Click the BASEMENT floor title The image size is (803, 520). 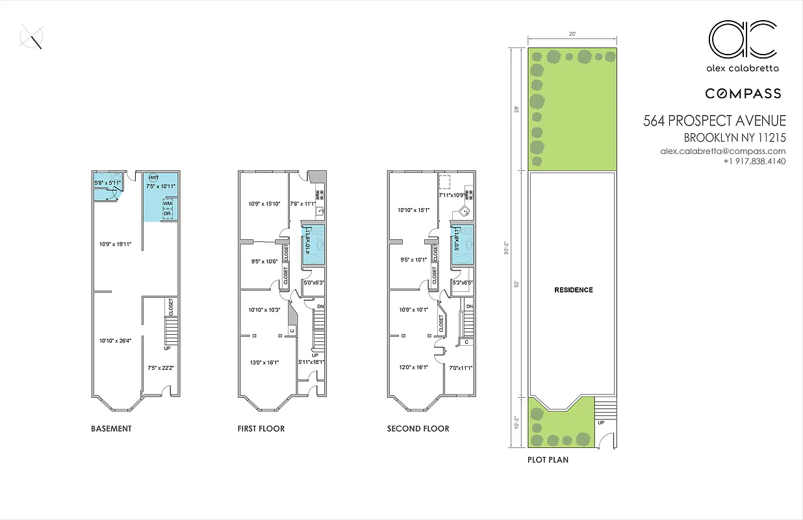(x=111, y=429)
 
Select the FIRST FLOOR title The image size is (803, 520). (x=261, y=429)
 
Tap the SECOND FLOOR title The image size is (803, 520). (x=418, y=429)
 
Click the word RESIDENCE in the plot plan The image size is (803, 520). (x=573, y=290)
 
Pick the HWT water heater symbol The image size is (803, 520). (x=154, y=177)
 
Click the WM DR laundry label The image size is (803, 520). (x=167, y=209)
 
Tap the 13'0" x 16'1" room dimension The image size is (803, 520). (x=264, y=363)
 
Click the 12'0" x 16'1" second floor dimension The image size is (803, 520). (x=413, y=367)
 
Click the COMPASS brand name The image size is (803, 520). (x=743, y=94)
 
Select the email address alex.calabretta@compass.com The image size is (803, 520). (x=723, y=151)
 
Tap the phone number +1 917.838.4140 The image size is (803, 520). (x=754, y=161)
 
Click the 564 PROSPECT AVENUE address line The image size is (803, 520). (x=715, y=121)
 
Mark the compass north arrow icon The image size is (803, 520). (x=32, y=36)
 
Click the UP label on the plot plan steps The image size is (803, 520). (x=600, y=422)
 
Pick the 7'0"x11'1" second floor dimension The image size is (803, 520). (x=461, y=368)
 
